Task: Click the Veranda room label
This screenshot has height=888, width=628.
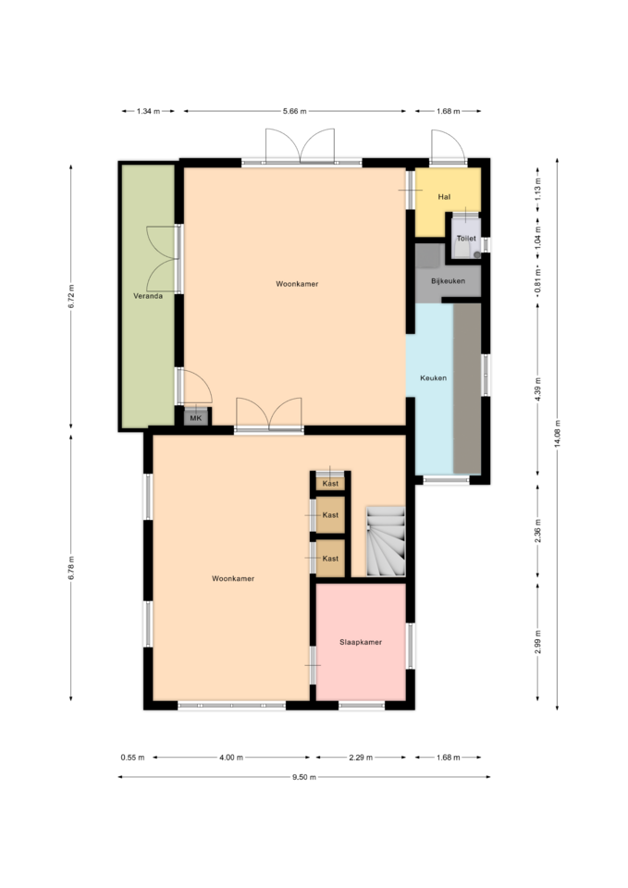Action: tap(148, 296)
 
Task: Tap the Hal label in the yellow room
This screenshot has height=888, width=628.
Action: tap(444, 197)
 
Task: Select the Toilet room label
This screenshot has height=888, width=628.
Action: tap(466, 239)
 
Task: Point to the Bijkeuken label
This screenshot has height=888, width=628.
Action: tap(448, 281)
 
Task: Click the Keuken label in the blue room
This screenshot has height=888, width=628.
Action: tap(433, 377)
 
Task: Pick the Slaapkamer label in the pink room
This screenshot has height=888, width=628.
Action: tap(361, 642)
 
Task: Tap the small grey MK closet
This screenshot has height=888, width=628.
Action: tap(196, 417)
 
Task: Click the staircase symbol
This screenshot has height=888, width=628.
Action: tap(386, 541)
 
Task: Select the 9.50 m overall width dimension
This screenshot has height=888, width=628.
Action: tap(304, 777)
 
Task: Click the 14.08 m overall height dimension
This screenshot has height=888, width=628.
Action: tap(558, 435)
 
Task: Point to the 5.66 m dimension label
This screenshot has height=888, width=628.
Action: tap(294, 111)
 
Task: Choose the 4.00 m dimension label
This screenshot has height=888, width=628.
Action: tap(231, 758)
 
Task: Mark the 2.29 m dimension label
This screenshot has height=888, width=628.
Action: tap(361, 758)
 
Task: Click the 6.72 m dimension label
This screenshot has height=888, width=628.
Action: tap(71, 296)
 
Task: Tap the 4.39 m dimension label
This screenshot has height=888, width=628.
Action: tap(538, 389)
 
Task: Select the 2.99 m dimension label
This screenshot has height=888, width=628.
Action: tap(538, 642)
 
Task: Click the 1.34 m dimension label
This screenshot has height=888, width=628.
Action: tap(148, 111)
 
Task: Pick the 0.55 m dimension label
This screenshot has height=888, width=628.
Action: tap(132, 758)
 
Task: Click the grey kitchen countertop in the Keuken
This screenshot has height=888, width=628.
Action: tap(467, 388)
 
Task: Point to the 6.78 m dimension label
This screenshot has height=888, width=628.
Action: tap(71, 568)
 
